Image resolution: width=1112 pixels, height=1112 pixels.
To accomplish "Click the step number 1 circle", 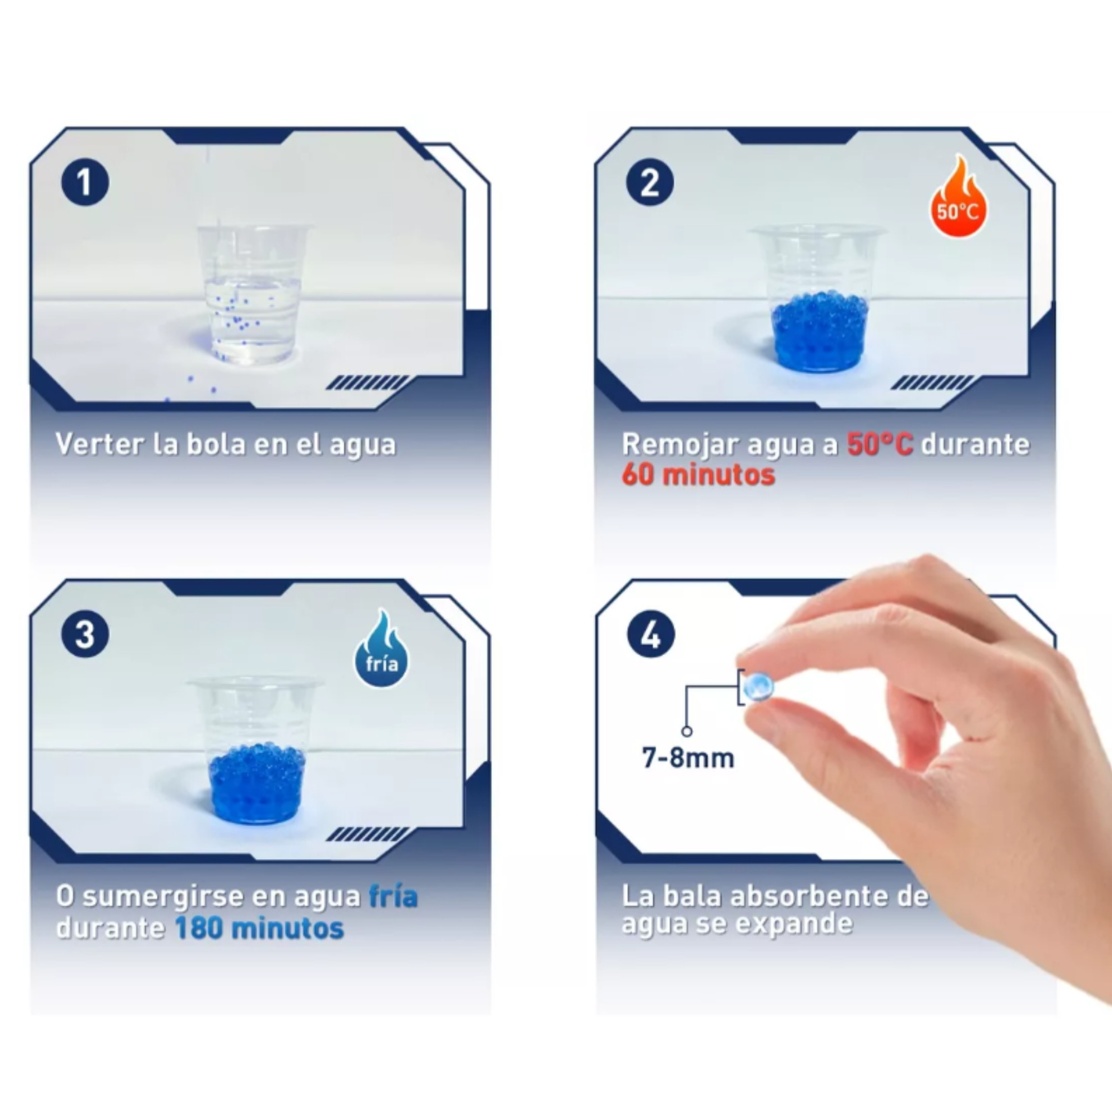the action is [85, 182].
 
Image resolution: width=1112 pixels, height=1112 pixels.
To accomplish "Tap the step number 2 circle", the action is [650, 182].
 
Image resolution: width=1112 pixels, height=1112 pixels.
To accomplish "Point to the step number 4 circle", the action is [651, 635].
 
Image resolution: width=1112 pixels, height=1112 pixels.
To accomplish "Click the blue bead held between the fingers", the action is [757, 687].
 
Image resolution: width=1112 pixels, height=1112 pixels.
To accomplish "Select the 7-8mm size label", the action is [688, 758].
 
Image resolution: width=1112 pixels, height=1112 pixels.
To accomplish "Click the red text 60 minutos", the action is [698, 475].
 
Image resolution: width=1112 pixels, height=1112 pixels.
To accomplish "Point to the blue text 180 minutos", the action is [259, 928].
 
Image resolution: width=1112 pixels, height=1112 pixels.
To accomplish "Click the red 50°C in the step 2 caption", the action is [880, 444].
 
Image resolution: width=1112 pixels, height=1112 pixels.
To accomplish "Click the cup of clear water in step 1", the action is [253, 294].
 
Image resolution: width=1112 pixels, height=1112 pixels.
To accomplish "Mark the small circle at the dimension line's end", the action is [687, 732].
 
